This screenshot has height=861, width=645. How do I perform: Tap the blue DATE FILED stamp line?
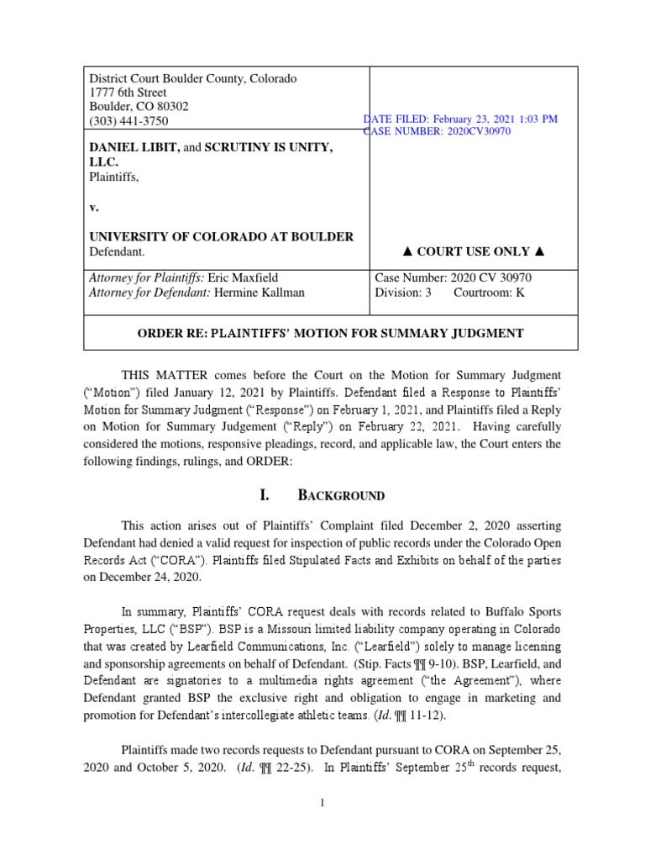point(460,119)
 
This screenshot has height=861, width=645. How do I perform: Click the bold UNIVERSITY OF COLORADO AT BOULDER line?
point(222,237)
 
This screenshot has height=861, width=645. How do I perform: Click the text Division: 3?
point(402,293)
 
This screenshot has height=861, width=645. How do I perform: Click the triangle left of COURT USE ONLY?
point(408,251)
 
